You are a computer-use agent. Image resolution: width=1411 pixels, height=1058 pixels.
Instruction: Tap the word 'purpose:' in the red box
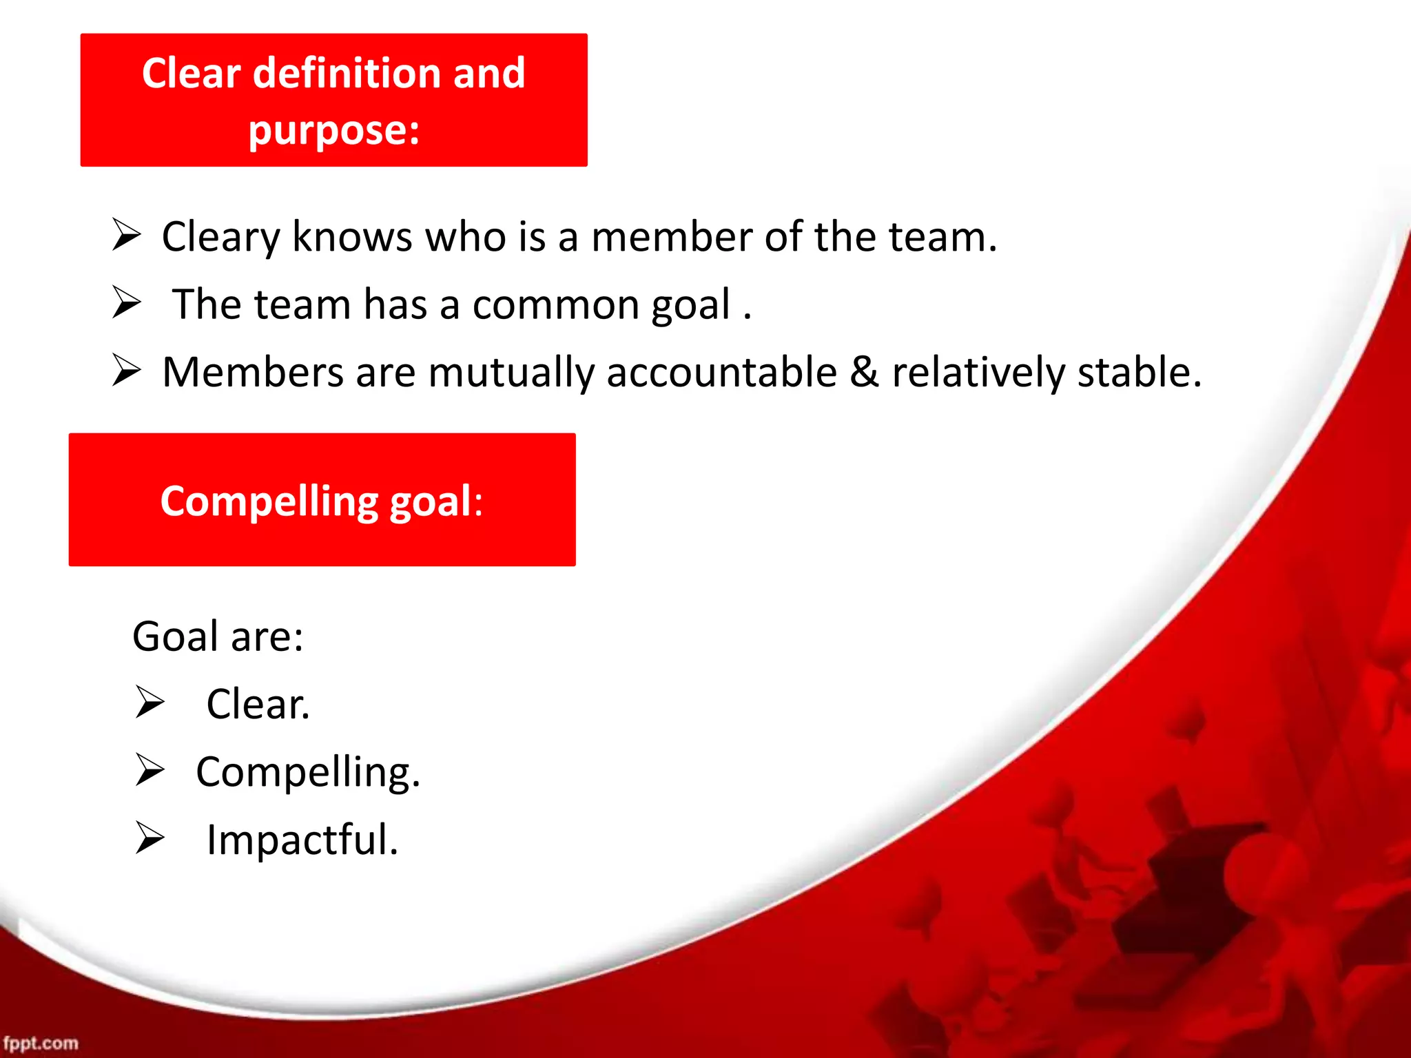[x=334, y=131]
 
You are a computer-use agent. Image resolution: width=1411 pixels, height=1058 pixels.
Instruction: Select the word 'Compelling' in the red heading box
[x=269, y=501]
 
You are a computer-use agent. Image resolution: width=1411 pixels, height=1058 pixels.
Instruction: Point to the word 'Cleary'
[x=220, y=238]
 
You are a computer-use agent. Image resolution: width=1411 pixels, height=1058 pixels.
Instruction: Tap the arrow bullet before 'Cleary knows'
[x=127, y=236]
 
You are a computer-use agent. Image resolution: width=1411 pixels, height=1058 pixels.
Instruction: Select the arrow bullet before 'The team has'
[x=127, y=303]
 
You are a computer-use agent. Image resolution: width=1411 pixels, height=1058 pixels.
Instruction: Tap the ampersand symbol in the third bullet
[x=864, y=373]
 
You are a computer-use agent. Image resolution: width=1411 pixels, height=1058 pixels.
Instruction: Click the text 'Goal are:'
[x=218, y=636]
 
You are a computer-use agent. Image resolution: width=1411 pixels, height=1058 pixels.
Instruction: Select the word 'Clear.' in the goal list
[x=258, y=704]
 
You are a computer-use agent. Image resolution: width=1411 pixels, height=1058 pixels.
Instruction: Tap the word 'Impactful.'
[x=302, y=840]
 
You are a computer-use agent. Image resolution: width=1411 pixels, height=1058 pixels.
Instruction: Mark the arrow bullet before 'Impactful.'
[x=150, y=838]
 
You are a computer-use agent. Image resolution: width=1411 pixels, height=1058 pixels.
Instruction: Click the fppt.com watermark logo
[x=41, y=1043]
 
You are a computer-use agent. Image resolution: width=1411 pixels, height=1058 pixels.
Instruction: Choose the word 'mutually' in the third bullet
[x=511, y=374]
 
